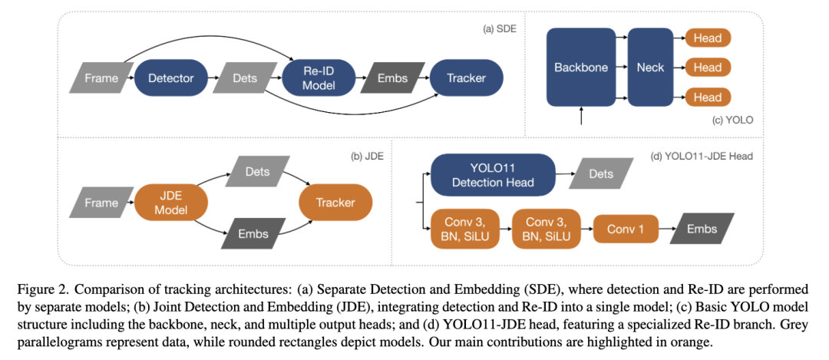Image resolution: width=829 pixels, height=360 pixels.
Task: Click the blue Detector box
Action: (170, 78)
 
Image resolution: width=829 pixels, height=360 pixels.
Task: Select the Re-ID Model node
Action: (319, 78)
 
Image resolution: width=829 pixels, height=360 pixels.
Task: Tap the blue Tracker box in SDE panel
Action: (467, 78)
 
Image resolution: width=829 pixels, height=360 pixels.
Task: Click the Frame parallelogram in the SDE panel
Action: (101, 78)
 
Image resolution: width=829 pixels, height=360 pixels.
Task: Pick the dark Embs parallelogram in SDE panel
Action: (392, 78)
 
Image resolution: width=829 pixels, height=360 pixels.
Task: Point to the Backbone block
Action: (581, 68)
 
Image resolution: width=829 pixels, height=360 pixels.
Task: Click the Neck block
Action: (650, 68)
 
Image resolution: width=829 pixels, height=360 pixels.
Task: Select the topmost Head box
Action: (707, 38)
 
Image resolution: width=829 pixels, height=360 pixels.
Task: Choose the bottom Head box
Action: (707, 97)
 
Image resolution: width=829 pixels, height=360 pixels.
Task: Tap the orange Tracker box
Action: (335, 203)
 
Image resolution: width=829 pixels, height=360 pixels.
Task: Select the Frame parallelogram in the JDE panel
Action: (101, 203)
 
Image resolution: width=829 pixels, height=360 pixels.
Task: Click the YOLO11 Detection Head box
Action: (492, 174)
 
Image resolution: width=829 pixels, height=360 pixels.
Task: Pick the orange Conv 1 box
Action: (626, 229)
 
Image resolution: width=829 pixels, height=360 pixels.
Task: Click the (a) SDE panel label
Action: (501, 29)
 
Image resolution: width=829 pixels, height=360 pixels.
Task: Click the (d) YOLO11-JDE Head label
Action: (702, 156)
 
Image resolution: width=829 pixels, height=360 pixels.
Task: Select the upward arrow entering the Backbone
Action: (581, 116)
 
